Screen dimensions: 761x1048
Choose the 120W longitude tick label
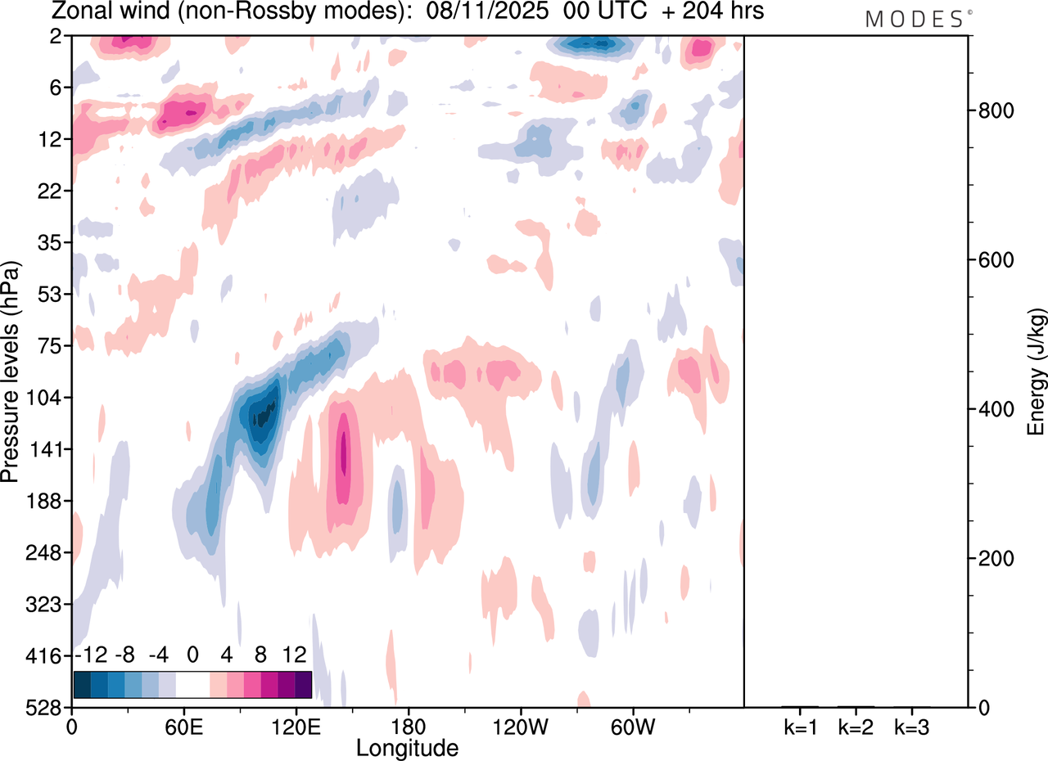pyautogui.click(x=520, y=726)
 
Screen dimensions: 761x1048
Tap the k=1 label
pyautogui.click(x=800, y=726)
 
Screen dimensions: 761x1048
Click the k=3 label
pyautogui.click(x=911, y=726)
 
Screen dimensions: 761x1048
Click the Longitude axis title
pyautogui.click(x=407, y=747)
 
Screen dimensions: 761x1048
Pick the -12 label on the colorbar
pyautogui.click(x=91, y=655)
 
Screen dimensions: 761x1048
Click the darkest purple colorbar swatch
pyautogui.click(x=303, y=684)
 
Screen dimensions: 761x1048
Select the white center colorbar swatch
pyautogui.click(x=192, y=684)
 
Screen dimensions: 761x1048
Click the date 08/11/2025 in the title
pyautogui.click(x=490, y=11)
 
